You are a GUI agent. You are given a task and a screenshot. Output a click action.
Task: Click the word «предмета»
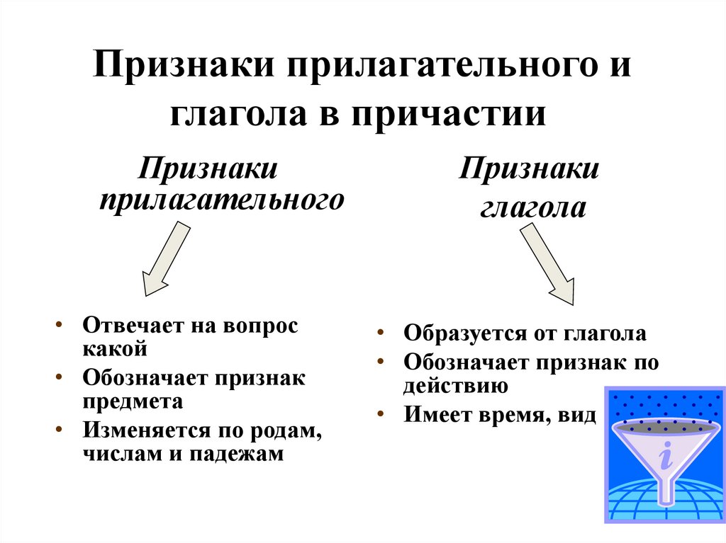[x=133, y=401]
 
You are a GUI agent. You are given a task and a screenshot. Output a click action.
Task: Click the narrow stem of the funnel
[x=664, y=493]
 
